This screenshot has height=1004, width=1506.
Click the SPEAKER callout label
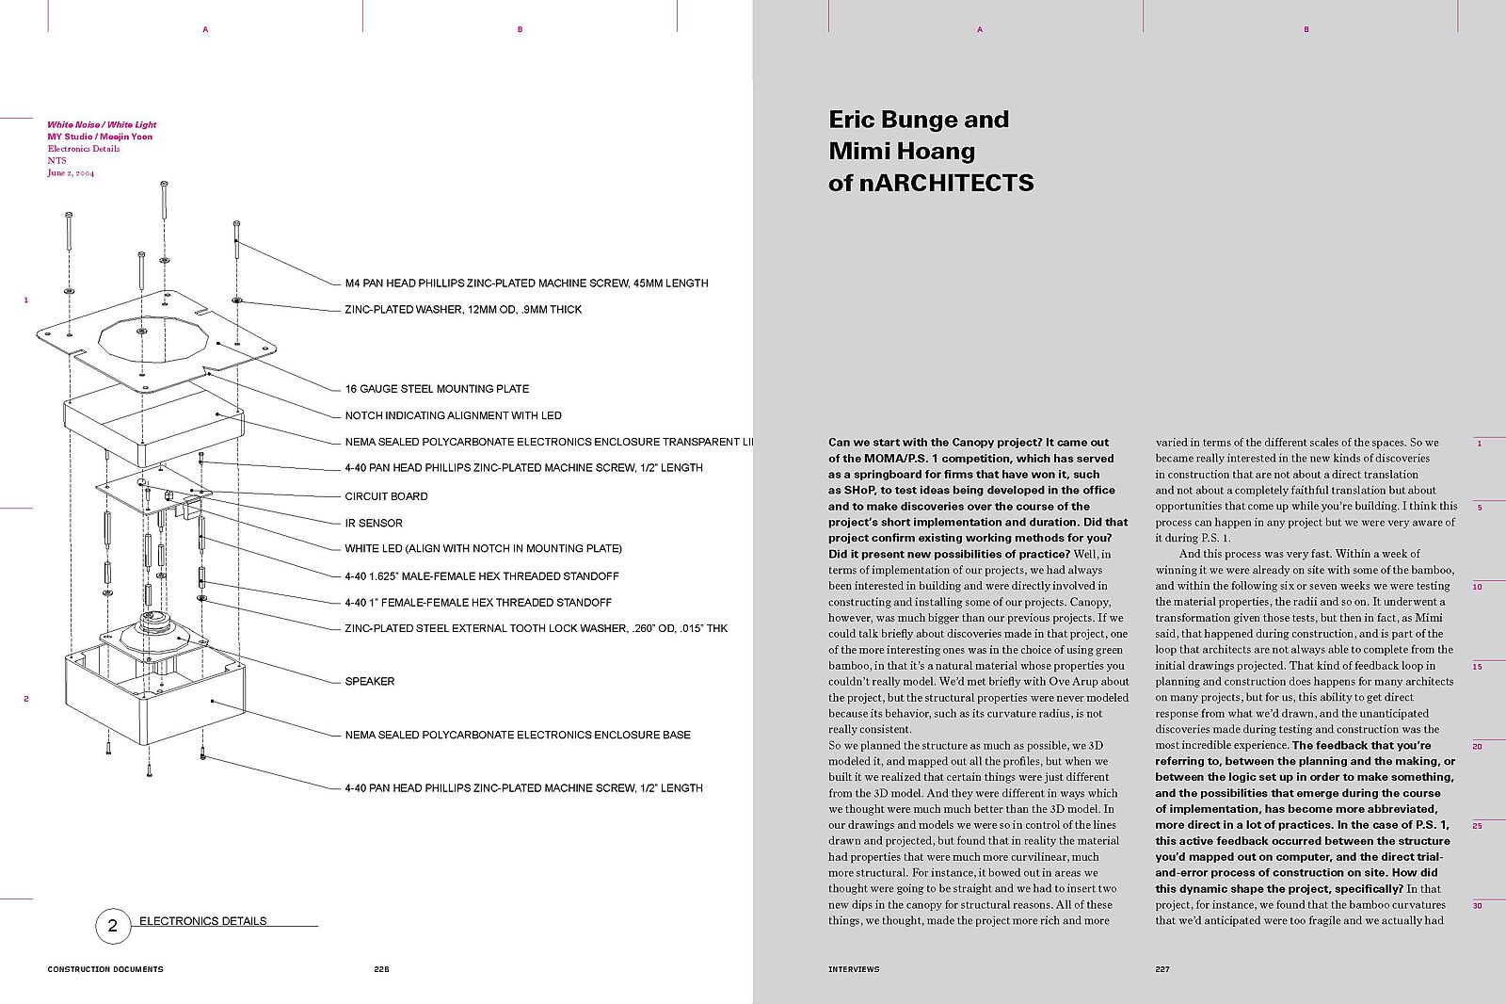(x=369, y=681)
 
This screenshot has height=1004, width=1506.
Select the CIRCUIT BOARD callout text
(x=386, y=496)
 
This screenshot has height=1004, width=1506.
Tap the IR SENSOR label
(x=374, y=523)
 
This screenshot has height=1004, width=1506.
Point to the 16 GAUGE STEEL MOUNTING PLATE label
(x=437, y=389)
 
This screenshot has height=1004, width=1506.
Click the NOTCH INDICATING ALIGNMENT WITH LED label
(x=453, y=415)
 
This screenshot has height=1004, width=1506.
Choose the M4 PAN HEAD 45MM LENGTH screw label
(x=526, y=283)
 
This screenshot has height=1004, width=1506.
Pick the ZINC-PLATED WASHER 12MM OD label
(x=463, y=310)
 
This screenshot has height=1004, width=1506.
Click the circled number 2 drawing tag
(x=113, y=926)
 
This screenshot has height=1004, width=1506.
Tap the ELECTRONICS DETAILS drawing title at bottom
(x=202, y=921)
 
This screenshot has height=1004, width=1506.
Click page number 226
(x=381, y=969)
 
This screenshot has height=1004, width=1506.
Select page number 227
(x=1162, y=969)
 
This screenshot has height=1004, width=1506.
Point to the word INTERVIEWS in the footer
(x=854, y=969)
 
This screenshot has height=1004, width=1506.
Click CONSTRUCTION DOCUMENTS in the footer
(x=105, y=969)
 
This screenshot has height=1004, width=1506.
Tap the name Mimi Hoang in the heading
(x=902, y=152)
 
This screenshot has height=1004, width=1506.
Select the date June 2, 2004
(x=71, y=173)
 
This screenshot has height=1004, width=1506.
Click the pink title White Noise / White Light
(x=102, y=124)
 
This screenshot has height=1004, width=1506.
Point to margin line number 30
(x=1478, y=906)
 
